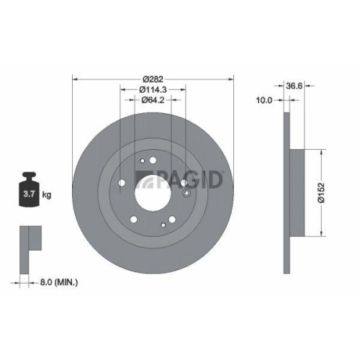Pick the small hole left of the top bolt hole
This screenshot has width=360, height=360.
pos(143,161)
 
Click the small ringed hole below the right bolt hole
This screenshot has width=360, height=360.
pos(186,193)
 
